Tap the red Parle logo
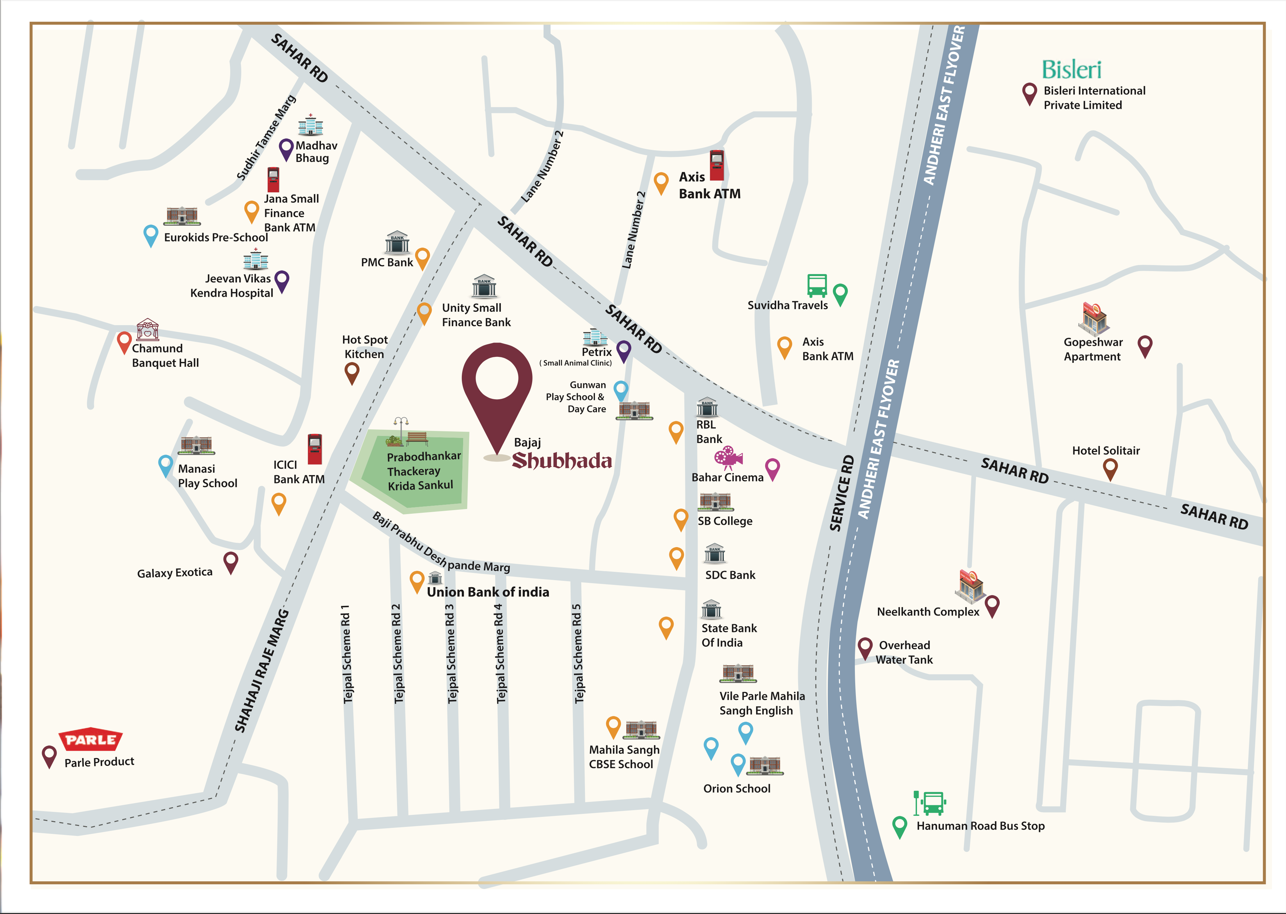click(x=90, y=739)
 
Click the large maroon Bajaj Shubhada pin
click(x=497, y=388)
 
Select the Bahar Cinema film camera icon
click(x=728, y=458)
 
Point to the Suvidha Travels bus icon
click(x=817, y=285)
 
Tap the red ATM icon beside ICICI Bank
click(x=314, y=449)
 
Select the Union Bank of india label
click(x=488, y=592)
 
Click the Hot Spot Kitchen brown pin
click(x=352, y=372)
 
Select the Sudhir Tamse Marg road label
click(x=266, y=138)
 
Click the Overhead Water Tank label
click(x=904, y=652)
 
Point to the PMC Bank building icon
click(x=397, y=242)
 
